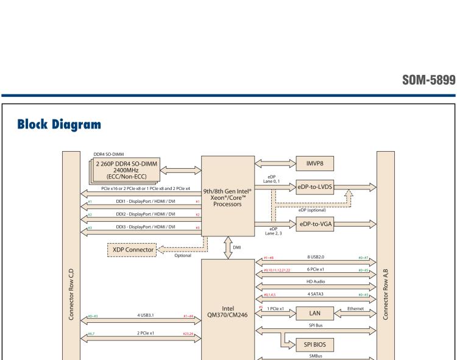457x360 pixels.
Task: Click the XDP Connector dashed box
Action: pyautogui.click(x=130, y=249)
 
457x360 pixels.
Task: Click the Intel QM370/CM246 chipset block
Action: pyautogui.click(x=228, y=311)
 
